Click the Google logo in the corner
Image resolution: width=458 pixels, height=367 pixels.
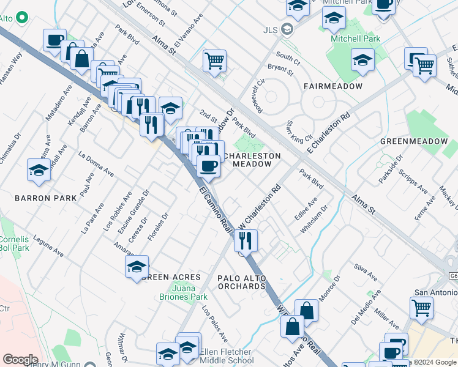tap(20, 360)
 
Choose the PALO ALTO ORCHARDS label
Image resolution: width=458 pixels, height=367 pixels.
tap(242, 283)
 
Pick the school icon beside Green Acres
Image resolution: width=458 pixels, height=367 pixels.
tap(137, 266)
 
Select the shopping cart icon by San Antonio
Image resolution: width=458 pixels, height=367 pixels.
tap(421, 308)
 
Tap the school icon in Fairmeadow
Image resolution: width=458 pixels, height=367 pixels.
tap(362, 60)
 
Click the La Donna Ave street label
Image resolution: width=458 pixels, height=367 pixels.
tap(96, 163)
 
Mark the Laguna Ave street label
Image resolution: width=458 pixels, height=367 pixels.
tap(48, 245)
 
